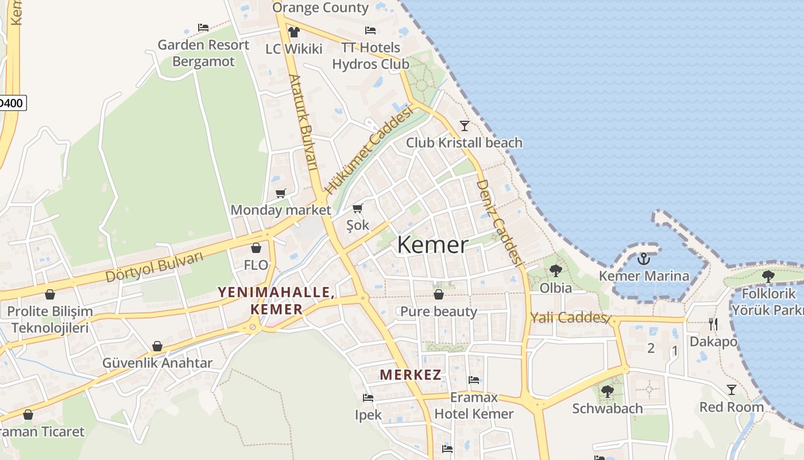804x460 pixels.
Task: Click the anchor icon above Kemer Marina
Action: pyautogui.click(x=643, y=259)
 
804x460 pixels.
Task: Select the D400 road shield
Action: pyautogui.click(x=11, y=103)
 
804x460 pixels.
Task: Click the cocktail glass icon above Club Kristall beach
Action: pyautogui.click(x=465, y=125)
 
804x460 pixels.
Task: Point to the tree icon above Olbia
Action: pyautogui.click(x=555, y=270)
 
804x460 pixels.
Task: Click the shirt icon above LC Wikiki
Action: pyautogui.click(x=294, y=32)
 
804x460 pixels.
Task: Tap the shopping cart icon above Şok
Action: pyautogui.click(x=358, y=208)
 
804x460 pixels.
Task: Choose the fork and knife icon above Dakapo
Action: pyautogui.click(x=713, y=324)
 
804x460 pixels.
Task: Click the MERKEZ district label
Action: pyautogui.click(x=411, y=375)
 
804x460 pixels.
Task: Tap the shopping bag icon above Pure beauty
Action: pyautogui.click(x=439, y=294)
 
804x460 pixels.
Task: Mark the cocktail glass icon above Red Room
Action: pyautogui.click(x=731, y=390)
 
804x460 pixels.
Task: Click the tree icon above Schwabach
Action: pyautogui.click(x=607, y=392)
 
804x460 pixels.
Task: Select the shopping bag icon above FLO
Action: pyautogui.click(x=256, y=248)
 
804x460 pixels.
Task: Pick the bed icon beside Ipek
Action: pyautogui.click(x=368, y=397)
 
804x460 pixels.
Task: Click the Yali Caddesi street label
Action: pyautogui.click(x=569, y=317)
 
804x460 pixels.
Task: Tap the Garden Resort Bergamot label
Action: pyautogui.click(x=203, y=53)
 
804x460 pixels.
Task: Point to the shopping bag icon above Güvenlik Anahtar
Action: pyautogui.click(x=157, y=346)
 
